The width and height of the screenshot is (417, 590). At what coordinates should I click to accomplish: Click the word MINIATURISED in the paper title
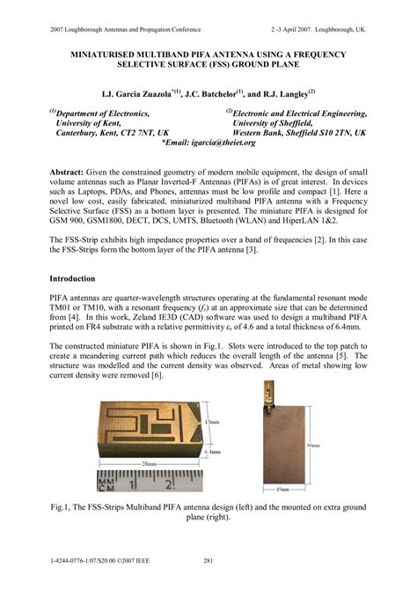coord(93,55)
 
